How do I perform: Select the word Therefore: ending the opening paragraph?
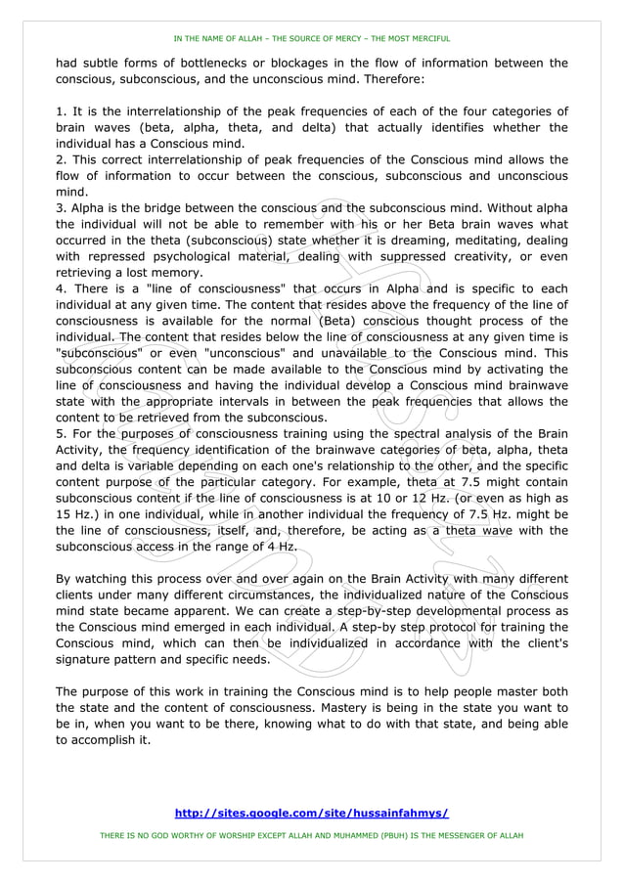tap(392, 79)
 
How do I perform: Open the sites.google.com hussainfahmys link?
tap(311, 813)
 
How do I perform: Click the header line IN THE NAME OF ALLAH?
tap(311, 39)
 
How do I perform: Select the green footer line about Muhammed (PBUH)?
tap(311, 836)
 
